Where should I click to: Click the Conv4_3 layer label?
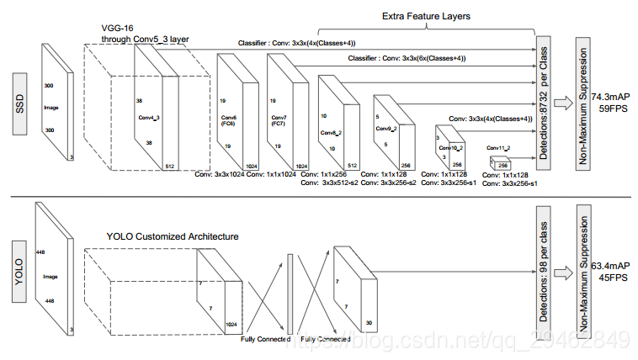coord(150,118)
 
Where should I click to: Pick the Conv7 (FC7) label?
coord(279,119)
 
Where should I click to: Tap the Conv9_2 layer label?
coord(385,128)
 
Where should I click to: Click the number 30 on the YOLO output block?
coord(369,321)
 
